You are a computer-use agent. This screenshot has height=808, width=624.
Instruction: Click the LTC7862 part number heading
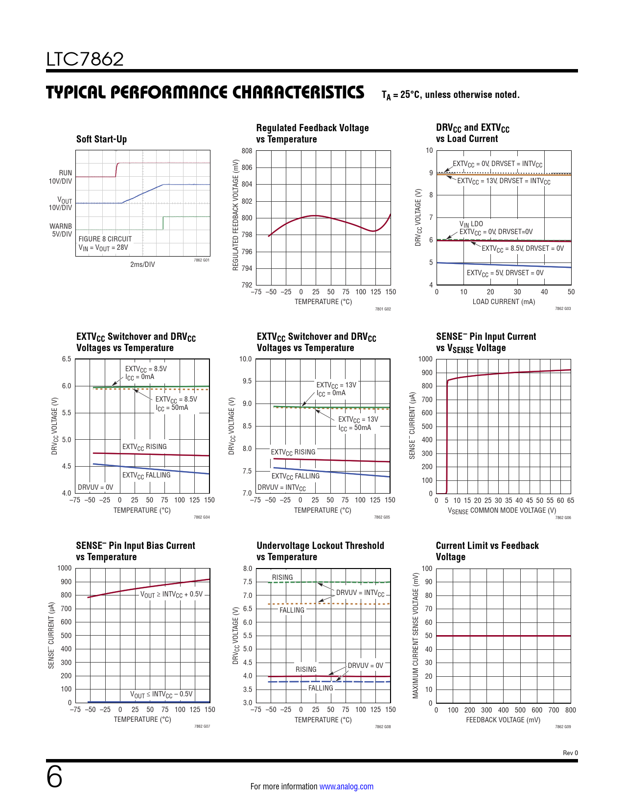(x=85, y=59)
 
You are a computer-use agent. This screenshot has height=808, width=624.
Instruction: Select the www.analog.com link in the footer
(x=346, y=786)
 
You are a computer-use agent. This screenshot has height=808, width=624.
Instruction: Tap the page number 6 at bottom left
(x=54, y=777)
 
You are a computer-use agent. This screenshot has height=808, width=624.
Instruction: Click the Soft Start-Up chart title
(x=101, y=139)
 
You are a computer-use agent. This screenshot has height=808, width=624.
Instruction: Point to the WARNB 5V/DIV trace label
(x=61, y=230)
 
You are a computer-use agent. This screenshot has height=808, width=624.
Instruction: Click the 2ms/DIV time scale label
(x=142, y=264)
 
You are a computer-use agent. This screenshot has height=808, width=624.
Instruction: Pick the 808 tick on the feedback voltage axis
(x=247, y=151)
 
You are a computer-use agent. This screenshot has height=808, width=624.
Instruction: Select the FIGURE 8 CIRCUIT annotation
(x=105, y=239)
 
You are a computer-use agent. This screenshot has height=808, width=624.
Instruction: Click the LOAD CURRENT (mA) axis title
(x=504, y=302)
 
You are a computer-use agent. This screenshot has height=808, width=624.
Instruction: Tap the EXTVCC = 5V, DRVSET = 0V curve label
(x=505, y=273)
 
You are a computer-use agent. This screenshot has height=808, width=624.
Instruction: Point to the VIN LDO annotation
(x=471, y=224)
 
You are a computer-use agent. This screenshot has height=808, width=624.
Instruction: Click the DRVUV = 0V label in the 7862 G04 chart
(x=95, y=487)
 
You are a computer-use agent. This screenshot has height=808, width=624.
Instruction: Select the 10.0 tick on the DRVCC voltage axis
(x=245, y=359)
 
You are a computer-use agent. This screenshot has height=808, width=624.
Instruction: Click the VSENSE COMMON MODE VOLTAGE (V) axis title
(x=502, y=510)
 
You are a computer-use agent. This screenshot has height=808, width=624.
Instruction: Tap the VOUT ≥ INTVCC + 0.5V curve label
(x=171, y=594)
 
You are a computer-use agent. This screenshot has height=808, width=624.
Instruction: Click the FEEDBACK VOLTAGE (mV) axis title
(x=503, y=720)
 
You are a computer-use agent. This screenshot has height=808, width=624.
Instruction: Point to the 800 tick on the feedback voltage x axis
(x=570, y=710)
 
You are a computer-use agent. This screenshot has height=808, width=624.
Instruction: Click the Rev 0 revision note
(x=570, y=753)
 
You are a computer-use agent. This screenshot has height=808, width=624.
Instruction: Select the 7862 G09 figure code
(x=563, y=727)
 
